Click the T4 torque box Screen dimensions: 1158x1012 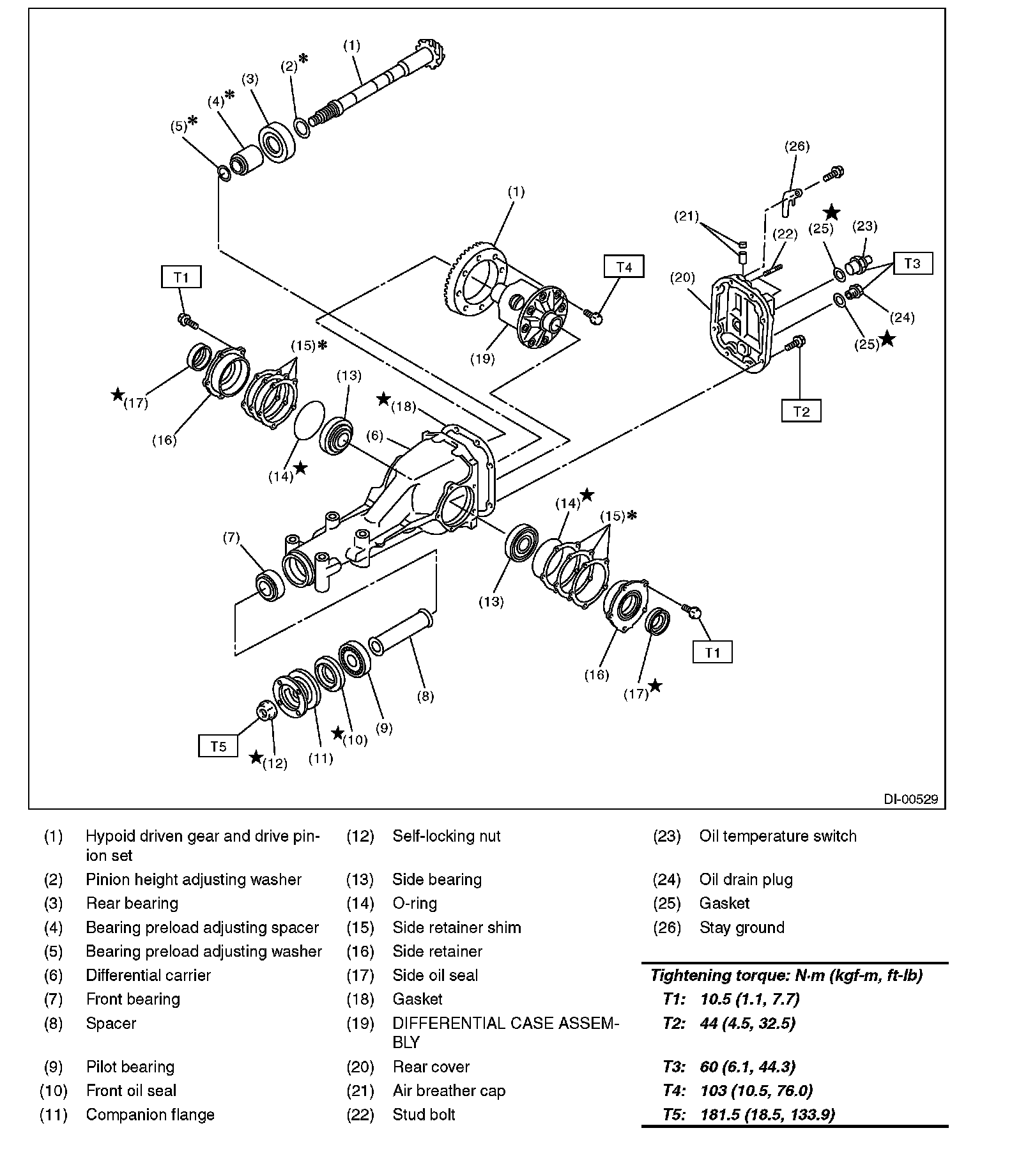point(624,266)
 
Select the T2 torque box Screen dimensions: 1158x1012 point(801,412)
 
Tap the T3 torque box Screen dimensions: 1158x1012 point(912,263)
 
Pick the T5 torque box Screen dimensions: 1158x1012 point(218,746)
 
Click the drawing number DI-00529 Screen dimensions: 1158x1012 point(910,799)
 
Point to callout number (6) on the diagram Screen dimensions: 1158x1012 point(374,436)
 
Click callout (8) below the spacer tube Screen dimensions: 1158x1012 point(425,696)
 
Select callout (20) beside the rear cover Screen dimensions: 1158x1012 point(682,278)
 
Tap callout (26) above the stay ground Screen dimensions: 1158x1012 point(797,146)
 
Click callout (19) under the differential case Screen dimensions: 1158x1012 point(482,359)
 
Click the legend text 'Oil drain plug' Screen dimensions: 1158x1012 point(746,879)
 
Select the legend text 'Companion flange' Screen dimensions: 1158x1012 point(150,1115)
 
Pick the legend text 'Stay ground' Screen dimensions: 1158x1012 point(741,927)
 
